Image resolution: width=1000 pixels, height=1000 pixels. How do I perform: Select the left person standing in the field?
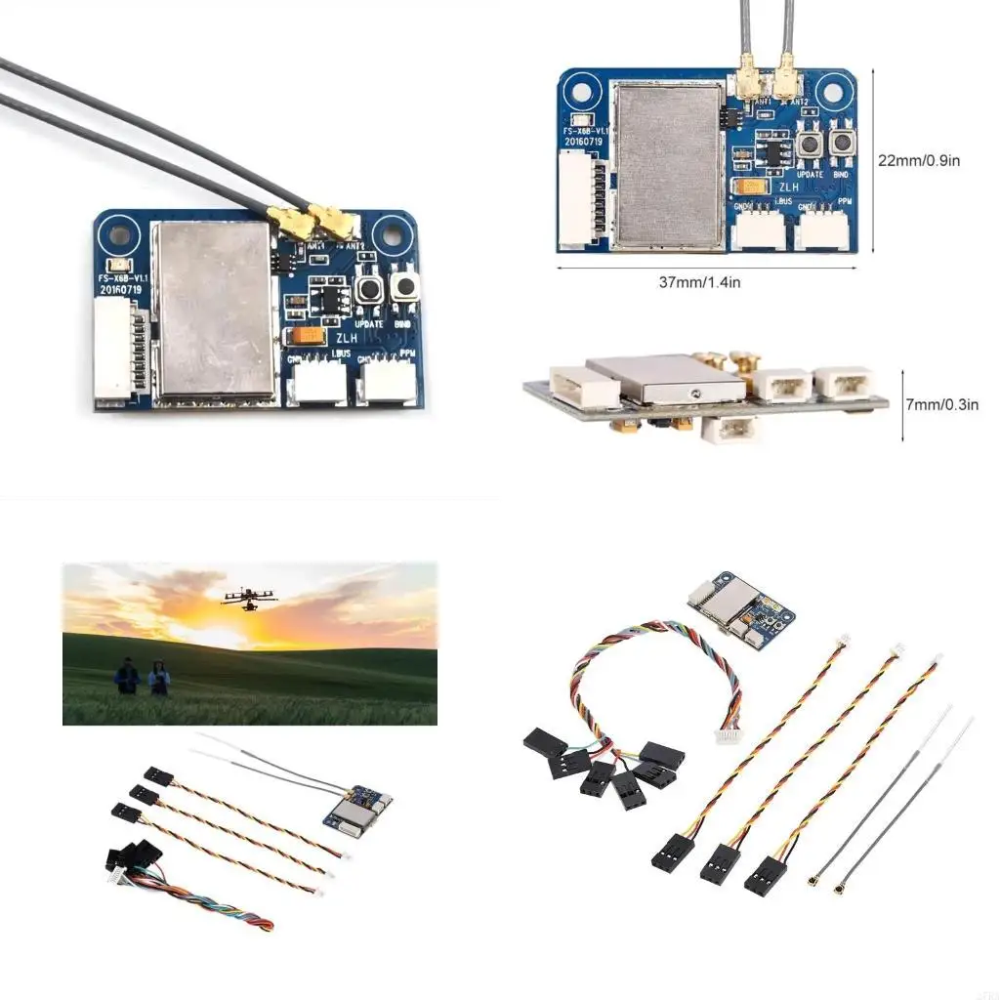click(x=127, y=676)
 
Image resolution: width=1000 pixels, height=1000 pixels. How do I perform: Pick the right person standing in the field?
click(x=158, y=677)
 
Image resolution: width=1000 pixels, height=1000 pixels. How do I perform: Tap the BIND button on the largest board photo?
click(x=402, y=289)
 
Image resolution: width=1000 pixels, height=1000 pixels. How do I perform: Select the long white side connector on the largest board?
click(x=115, y=352)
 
